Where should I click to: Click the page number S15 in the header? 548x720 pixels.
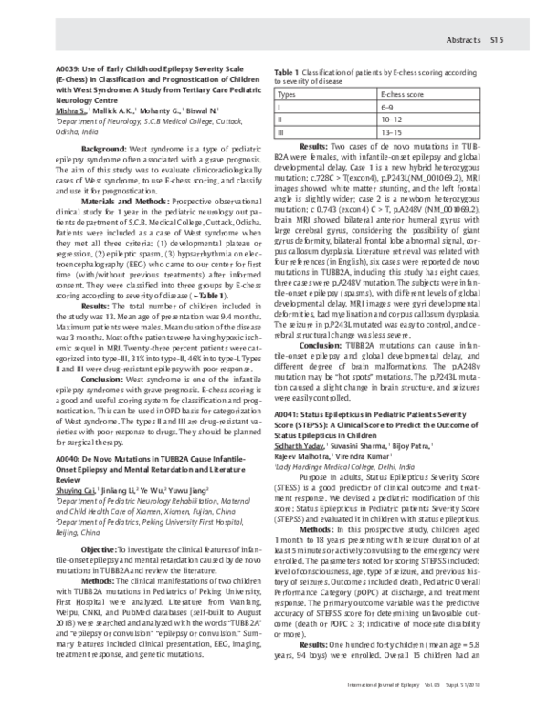[x=498, y=40]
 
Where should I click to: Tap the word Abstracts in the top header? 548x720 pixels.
[x=462, y=40]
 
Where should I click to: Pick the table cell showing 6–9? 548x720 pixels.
[x=387, y=107]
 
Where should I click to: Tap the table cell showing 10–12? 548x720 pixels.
[x=390, y=119]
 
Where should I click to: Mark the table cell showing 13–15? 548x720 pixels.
[x=390, y=131]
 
